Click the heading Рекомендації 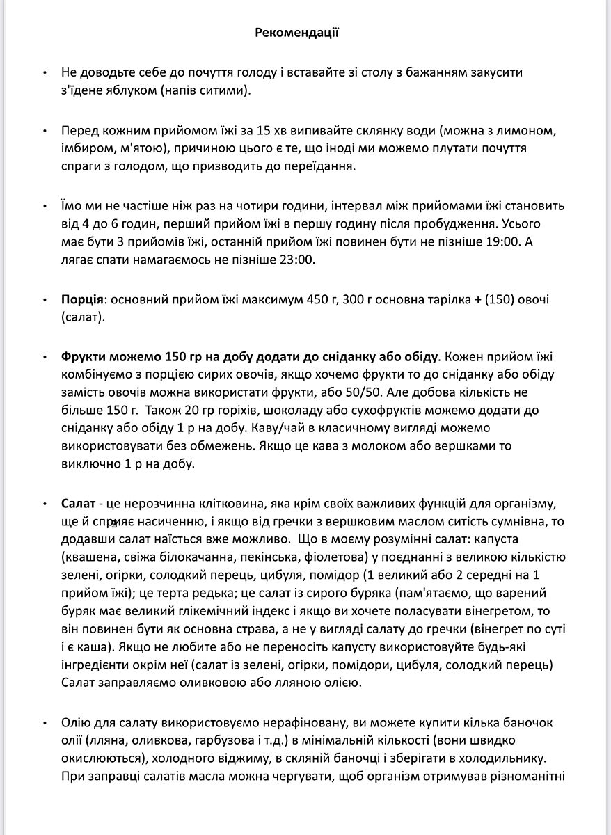296,32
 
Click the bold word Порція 81,301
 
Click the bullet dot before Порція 45,301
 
